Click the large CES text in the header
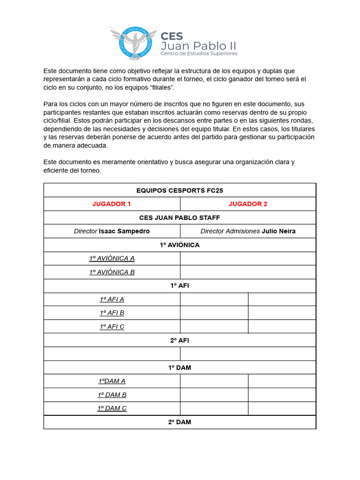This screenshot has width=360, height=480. pyautogui.click(x=172, y=36)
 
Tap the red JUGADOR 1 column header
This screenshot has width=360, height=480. pyautogui.click(x=112, y=204)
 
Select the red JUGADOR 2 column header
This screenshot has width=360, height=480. pyautogui.click(x=248, y=204)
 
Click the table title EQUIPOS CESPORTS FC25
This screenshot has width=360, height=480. pyautogui.click(x=180, y=190)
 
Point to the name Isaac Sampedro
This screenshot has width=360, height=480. pyautogui.click(x=124, y=231)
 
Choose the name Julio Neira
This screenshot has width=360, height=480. pyautogui.click(x=278, y=231)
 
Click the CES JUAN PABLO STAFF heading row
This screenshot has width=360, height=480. pyautogui.click(x=180, y=217)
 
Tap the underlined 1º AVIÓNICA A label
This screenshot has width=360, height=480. pyautogui.click(x=112, y=258)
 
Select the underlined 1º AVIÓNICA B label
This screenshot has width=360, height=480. pyautogui.click(x=112, y=272)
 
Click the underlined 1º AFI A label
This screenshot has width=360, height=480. pyautogui.click(x=112, y=299)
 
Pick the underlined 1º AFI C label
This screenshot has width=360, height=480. pyautogui.click(x=112, y=326)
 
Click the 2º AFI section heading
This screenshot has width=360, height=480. pyautogui.click(x=180, y=340)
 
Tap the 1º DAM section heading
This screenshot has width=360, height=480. pyautogui.click(x=180, y=367)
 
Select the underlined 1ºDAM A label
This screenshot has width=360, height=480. pyautogui.click(x=112, y=381)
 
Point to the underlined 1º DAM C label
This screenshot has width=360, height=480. pyautogui.click(x=112, y=408)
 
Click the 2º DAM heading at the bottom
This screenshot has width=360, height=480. pyautogui.click(x=180, y=422)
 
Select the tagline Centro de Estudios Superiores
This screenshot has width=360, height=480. pyautogui.click(x=199, y=53)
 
